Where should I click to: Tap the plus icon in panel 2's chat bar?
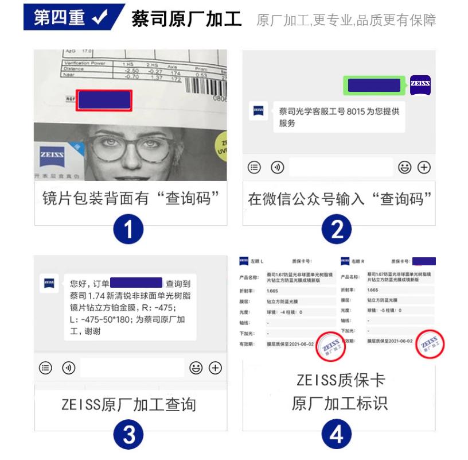pyautogui.click(x=424, y=167)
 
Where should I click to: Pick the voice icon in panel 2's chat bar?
pyautogui.click(x=277, y=167)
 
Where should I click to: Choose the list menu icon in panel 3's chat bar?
pyautogui.click(x=45, y=367)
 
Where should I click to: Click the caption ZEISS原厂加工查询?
pyautogui.click(x=128, y=404)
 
